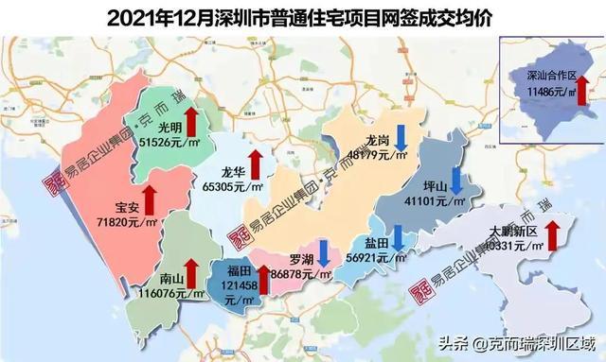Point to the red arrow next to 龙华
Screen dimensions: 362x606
tap(253, 163)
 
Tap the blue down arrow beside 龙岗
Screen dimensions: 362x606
tap(401, 139)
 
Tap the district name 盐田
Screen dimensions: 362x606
tap(376, 244)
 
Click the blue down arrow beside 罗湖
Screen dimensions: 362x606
tap(324, 251)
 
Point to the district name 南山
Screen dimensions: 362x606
tap(171, 279)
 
